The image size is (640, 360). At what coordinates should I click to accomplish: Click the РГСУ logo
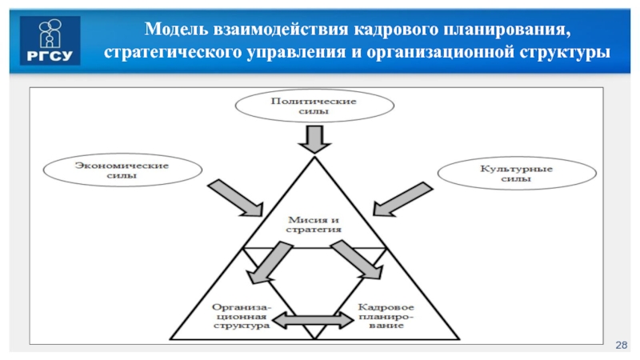tap(49, 39)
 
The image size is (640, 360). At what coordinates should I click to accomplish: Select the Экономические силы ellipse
tap(121, 170)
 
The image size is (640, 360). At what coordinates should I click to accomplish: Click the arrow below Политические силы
tap(313, 139)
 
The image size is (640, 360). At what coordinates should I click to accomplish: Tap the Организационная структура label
tap(241, 317)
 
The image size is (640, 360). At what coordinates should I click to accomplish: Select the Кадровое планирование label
tap(386, 317)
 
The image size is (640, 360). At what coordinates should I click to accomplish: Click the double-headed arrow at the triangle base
tap(313, 322)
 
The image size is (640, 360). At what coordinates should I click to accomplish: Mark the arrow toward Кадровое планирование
tap(358, 261)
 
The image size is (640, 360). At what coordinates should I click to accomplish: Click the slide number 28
tap(621, 344)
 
